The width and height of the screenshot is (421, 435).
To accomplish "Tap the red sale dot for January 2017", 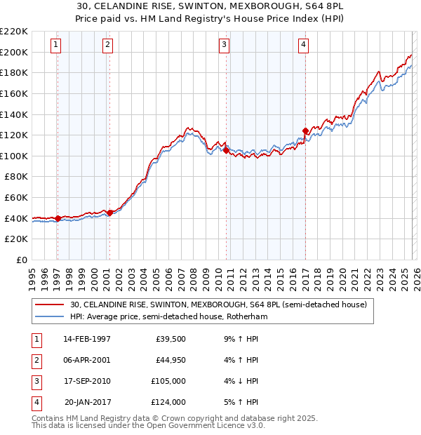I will (x=305, y=130).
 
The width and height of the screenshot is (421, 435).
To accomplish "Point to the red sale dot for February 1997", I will (x=58, y=218).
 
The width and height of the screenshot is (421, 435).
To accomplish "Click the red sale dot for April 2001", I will (x=109, y=213).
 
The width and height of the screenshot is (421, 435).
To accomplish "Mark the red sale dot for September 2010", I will (x=227, y=150).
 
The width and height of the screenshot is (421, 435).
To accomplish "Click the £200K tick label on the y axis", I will (x=14, y=52).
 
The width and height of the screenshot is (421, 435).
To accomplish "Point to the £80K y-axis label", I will (x=16, y=177).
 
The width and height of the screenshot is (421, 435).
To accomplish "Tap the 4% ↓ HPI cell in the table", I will (x=239, y=381).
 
